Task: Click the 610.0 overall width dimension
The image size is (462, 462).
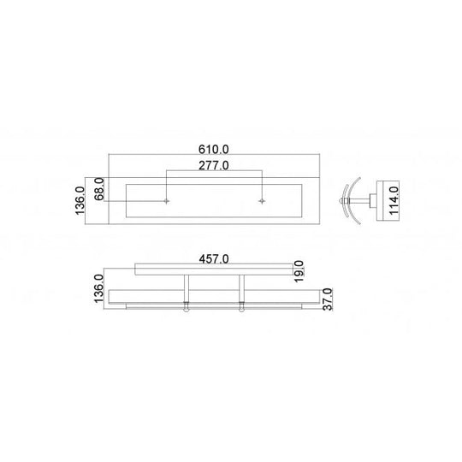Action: [x=213, y=149]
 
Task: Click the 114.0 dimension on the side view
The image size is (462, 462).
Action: [x=394, y=202]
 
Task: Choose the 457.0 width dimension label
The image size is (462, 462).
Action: [x=213, y=258]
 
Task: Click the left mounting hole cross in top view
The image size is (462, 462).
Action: [x=167, y=201]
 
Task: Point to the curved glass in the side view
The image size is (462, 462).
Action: [x=346, y=202]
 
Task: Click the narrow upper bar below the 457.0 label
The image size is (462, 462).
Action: [x=213, y=270]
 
